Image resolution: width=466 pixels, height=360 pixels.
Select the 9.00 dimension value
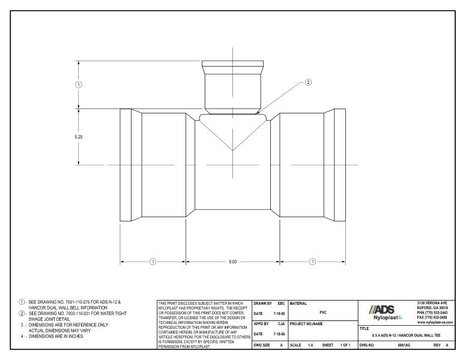pos(233,262)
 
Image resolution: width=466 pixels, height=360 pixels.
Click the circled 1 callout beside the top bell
pos(78,84)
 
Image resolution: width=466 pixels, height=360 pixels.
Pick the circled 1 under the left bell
pos(153,262)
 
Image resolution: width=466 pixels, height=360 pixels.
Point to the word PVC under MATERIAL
pos(322,312)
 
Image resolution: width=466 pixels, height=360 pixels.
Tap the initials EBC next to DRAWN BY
pos(280,302)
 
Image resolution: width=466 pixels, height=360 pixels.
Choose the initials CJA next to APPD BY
pos(280,324)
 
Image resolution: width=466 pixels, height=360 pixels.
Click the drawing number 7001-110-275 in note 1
pos(76,302)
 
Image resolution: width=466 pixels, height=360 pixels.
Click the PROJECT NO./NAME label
pos(307,324)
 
